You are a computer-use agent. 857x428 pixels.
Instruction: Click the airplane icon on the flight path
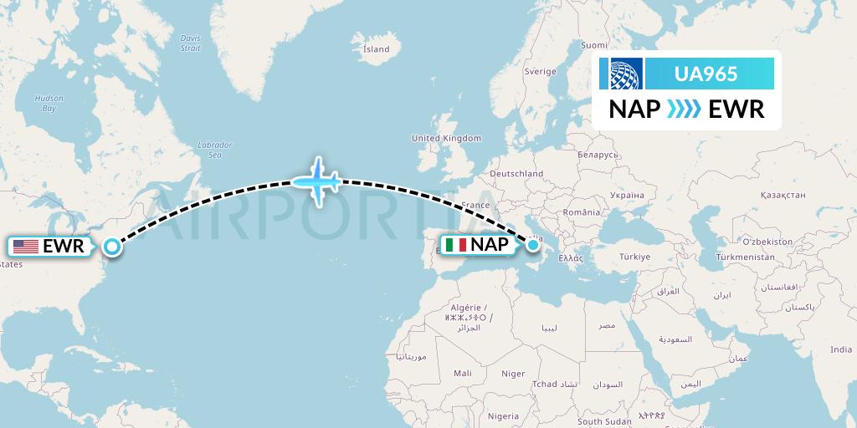(x=316, y=180)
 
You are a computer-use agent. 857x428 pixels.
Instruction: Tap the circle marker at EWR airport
(x=112, y=247)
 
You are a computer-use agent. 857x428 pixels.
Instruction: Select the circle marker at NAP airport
(x=533, y=246)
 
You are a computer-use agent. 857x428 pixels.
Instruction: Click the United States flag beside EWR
(x=26, y=246)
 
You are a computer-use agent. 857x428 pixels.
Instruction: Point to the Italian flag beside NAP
(x=456, y=246)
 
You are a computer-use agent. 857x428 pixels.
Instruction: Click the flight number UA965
(x=706, y=74)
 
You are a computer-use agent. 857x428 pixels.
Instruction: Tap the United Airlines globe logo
(x=626, y=74)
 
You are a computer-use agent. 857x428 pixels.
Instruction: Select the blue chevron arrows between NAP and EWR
(x=677, y=109)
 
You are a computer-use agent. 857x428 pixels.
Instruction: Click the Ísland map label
(x=376, y=49)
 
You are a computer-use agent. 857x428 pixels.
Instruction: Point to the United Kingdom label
(x=446, y=138)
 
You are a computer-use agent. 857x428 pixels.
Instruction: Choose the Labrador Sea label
(x=214, y=150)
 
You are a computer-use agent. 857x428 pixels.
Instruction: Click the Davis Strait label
(x=191, y=43)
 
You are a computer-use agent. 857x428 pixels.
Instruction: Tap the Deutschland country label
(x=516, y=174)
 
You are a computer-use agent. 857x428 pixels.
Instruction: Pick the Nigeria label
(x=503, y=415)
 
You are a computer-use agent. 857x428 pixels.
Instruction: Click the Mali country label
(x=462, y=373)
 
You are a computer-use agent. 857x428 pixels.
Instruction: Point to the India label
(x=840, y=349)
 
